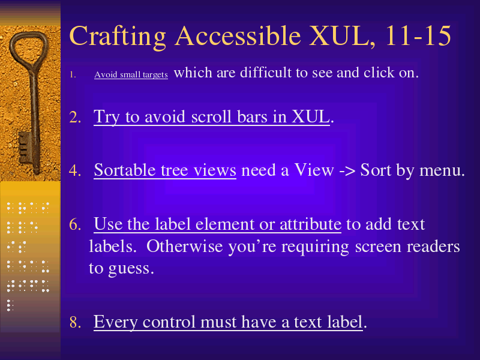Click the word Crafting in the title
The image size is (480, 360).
[118, 37]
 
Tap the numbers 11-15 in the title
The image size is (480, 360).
[418, 35]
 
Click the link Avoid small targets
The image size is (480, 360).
[131, 74]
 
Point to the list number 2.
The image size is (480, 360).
[76, 117]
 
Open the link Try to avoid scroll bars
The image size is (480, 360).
[212, 117]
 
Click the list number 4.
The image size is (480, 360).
[76, 170]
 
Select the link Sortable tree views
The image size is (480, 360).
[165, 170]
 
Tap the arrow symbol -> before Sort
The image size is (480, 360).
[347, 171]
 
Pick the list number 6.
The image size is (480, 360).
[76, 224]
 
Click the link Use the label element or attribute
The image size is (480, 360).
[217, 224]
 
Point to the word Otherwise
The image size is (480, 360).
[184, 246]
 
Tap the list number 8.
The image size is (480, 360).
[76, 322]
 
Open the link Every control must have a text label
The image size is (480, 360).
[228, 322]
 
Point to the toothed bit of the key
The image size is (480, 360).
[25, 148]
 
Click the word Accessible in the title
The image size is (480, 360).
[238, 36]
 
